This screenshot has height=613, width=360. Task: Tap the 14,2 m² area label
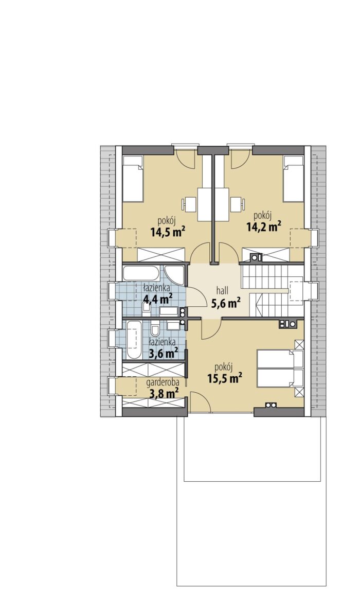point(264,227)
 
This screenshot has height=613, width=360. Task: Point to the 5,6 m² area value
point(225,303)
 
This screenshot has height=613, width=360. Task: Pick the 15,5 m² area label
point(224,378)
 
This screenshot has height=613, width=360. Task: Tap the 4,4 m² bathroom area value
point(158,300)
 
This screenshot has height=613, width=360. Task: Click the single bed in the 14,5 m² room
point(133,179)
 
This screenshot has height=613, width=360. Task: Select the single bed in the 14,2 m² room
point(294,178)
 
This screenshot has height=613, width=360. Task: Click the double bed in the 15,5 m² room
point(280,369)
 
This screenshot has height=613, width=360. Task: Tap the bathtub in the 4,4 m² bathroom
point(141,273)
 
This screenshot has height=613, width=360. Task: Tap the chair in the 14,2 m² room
point(238,204)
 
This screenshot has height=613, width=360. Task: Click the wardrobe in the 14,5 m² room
point(160,254)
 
